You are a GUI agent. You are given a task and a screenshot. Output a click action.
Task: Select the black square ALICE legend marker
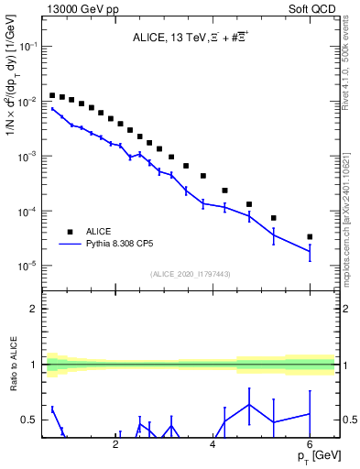coord(70,232)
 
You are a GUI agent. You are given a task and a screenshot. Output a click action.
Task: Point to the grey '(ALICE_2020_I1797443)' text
coord(191,273)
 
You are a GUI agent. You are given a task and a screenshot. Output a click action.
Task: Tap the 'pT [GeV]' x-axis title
coord(317,456)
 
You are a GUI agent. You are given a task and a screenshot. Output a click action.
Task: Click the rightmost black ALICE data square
coord(310,236)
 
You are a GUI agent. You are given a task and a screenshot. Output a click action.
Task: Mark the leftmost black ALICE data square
coord(53,94)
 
